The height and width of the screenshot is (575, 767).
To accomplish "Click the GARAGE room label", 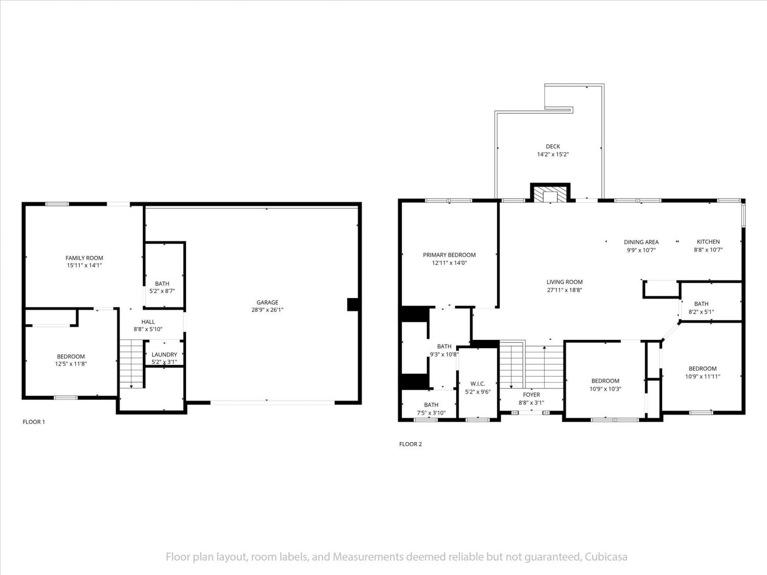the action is (267, 303).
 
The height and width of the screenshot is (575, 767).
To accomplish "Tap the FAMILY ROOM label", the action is (84, 258).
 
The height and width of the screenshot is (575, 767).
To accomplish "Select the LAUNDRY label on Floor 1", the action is (164, 354).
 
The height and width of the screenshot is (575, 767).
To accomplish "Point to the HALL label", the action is (148, 321).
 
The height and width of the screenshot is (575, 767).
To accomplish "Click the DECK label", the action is (553, 146).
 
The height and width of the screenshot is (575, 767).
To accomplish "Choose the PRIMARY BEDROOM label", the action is (449, 255).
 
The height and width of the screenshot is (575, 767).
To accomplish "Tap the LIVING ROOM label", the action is (565, 282).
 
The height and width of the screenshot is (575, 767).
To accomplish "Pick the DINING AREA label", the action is (641, 242).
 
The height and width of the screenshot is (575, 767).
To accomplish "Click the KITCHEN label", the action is (708, 242).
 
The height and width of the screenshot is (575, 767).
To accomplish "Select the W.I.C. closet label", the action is (478, 384).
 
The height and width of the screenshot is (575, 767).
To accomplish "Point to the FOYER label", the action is (531, 395).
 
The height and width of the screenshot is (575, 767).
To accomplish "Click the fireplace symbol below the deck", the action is (550, 193).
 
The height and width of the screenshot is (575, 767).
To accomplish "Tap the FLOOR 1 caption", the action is (34, 422).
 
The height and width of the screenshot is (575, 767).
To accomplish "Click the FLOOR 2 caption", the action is (411, 444).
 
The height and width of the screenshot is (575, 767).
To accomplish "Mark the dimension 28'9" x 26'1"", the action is (267, 310).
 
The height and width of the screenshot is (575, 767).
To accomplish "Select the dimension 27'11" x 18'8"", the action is (565, 290).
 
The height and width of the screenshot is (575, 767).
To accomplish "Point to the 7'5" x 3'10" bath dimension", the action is (431, 412).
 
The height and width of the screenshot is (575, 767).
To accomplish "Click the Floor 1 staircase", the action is (131, 363).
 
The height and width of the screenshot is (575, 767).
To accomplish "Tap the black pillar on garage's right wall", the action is (353, 305).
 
